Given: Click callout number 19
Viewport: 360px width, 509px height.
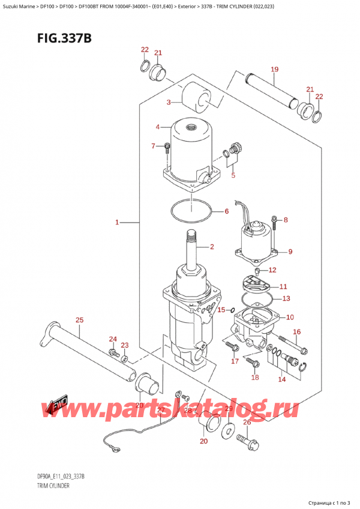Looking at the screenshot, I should coord(275,70).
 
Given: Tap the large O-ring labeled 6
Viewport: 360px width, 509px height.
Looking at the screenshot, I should coord(191,211).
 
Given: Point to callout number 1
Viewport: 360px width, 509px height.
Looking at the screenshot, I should coord(118,223).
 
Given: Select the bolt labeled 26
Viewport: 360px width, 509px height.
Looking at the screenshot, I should coord(249,444).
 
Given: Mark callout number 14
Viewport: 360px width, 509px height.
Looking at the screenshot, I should coord(282,379).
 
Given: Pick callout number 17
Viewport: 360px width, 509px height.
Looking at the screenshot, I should coord(235,361).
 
